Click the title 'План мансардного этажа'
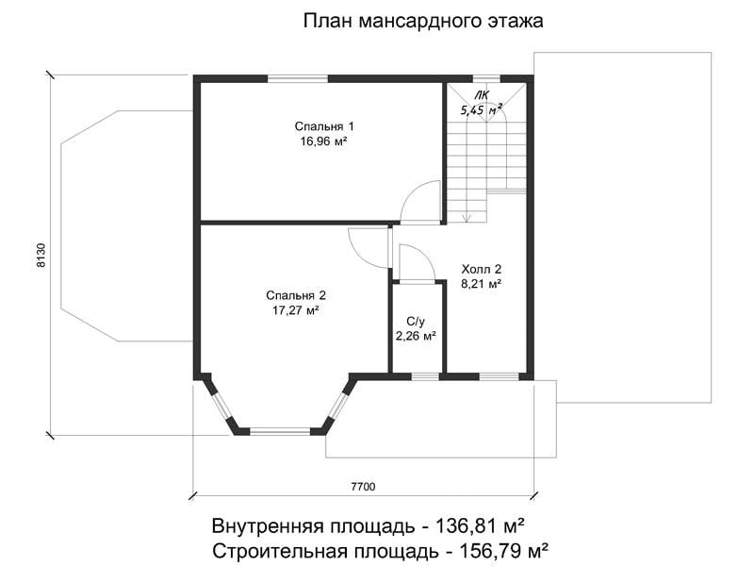[x=423, y=21]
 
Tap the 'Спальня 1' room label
[x=324, y=126]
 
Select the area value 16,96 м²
[x=324, y=141]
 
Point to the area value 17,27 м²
[x=296, y=310]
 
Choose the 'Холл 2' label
[x=482, y=269]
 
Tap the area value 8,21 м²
[x=482, y=284]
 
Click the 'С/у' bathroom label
[x=416, y=321]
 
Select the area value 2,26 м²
[x=416, y=336]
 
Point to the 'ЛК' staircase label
[x=481, y=95]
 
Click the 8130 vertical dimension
[x=41, y=256]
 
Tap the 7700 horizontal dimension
[x=363, y=487]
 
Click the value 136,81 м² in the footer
[x=480, y=526]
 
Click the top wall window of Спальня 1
[x=298, y=79]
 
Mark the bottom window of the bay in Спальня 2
[x=280, y=432]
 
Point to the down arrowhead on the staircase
[x=467, y=219]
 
